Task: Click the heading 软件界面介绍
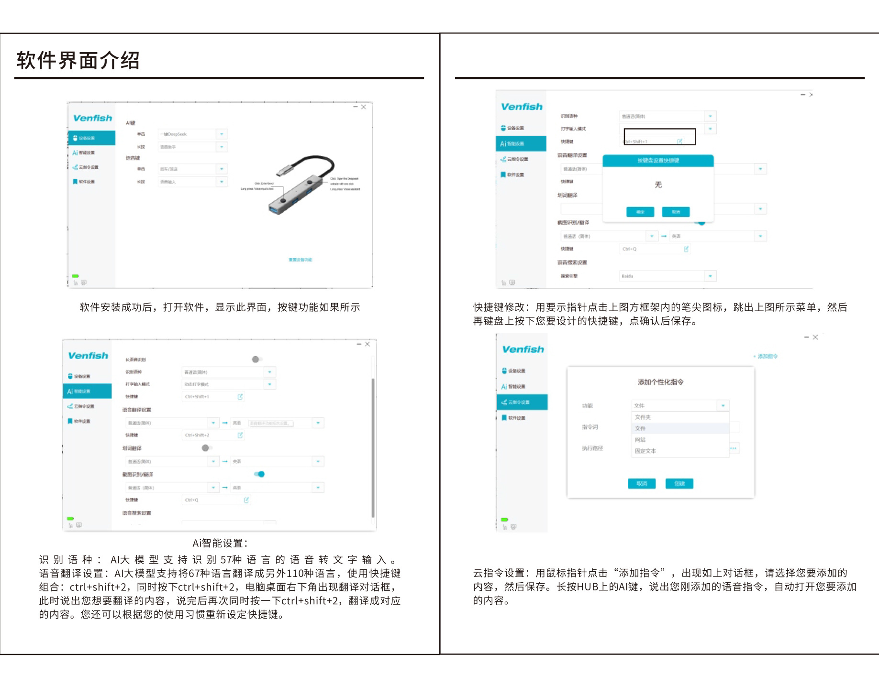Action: pyautogui.click(x=78, y=61)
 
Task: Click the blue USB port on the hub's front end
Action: pyautogui.click(x=275, y=209)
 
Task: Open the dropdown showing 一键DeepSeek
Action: pyautogui.click(x=193, y=134)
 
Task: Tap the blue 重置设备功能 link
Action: pyautogui.click(x=300, y=260)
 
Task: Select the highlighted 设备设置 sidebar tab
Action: pyautogui.click(x=91, y=138)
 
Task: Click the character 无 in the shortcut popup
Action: pyautogui.click(x=658, y=185)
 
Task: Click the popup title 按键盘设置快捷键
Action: pyautogui.click(x=658, y=161)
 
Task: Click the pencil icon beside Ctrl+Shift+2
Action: pyautogui.click(x=240, y=435)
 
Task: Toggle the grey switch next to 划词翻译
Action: pyautogui.click(x=206, y=448)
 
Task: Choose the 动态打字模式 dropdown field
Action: pyautogui.click(x=229, y=384)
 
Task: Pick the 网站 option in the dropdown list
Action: pyautogui.click(x=640, y=440)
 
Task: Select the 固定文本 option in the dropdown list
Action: pyautogui.click(x=645, y=451)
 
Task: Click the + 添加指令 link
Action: pyautogui.click(x=766, y=357)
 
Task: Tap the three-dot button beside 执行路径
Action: pyautogui.click(x=734, y=448)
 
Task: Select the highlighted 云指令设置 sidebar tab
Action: pyautogui.click(x=522, y=402)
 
